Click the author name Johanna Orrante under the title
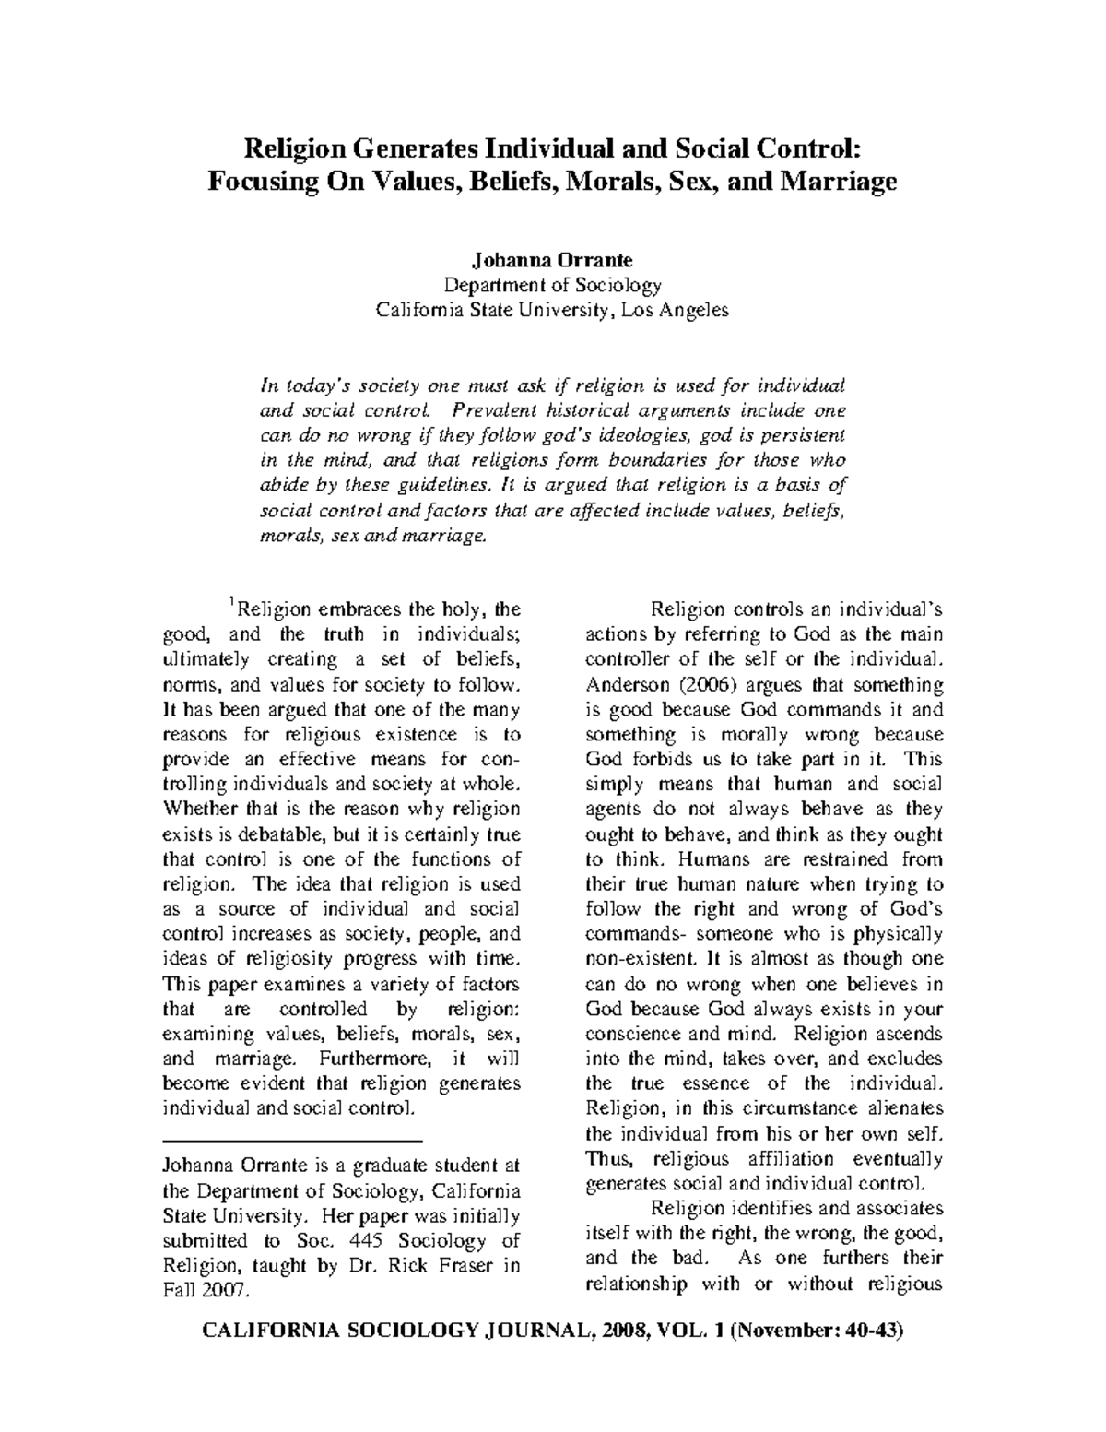point(552,260)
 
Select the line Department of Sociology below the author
point(552,285)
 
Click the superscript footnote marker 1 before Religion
point(233,602)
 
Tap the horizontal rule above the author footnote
point(290,1142)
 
